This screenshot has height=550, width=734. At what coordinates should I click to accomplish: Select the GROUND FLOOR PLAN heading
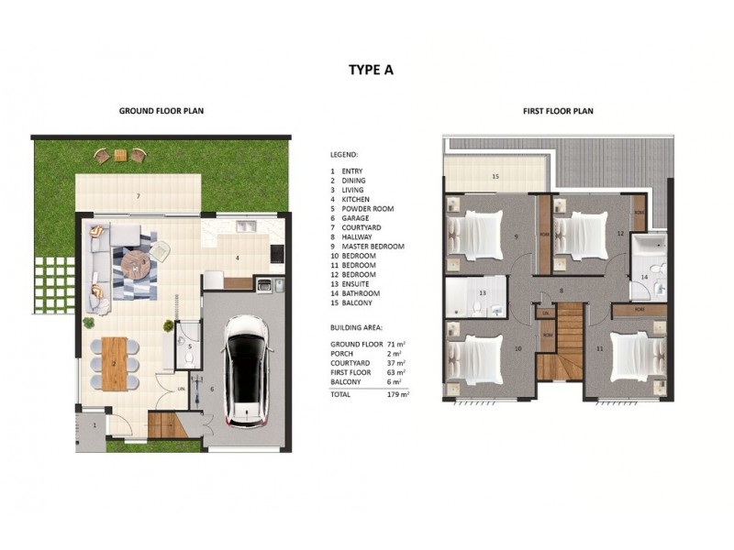click(161, 111)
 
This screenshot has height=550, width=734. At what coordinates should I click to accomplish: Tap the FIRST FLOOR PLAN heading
click(558, 111)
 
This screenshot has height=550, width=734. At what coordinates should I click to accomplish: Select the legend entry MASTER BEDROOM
click(373, 247)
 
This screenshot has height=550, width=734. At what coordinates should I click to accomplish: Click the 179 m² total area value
click(398, 393)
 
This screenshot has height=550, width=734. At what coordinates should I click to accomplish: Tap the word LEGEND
click(343, 155)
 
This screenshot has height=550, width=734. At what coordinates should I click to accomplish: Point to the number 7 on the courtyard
click(138, 197)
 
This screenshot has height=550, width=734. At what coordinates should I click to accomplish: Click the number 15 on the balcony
click(495, 176)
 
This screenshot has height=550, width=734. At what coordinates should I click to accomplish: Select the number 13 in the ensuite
click(482, 293)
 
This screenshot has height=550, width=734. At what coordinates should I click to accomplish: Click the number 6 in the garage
click(211, 390)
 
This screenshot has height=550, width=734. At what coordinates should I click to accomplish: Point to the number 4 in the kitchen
click(237, 258)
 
